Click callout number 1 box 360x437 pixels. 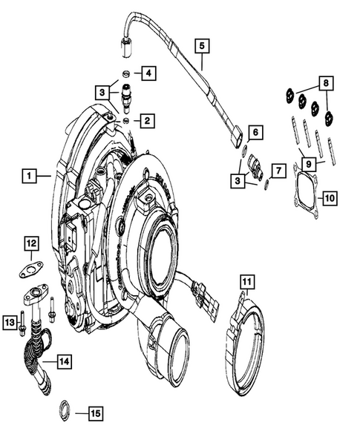(x=29, y=176)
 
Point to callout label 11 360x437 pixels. (x=246, y=281)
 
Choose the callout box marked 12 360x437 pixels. (x=30, y=243)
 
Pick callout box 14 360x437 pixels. (x=64, y=361)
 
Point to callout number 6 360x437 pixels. (x=254, y=132)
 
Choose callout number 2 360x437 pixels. (x=148, y=119)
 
